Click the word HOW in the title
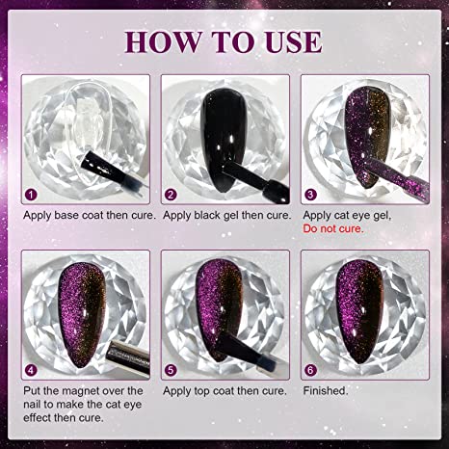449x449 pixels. [163, 41]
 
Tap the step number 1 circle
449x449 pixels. [31, 195]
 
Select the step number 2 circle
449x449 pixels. [171, 195]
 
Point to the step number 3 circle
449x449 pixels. [310, 195]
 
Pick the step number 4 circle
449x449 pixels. [31, 370]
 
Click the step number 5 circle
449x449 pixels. [171, 370]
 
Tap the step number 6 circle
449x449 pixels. [310, 370]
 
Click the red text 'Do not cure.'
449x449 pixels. [333, 228]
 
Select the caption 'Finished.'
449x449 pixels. [326, 391]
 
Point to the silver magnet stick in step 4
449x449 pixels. [128, 357]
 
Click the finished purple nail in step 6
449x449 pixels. [359, 311]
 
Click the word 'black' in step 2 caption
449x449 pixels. [209, 215]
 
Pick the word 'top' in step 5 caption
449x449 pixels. [201, 391]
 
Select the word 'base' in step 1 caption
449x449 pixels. [66, 215]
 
